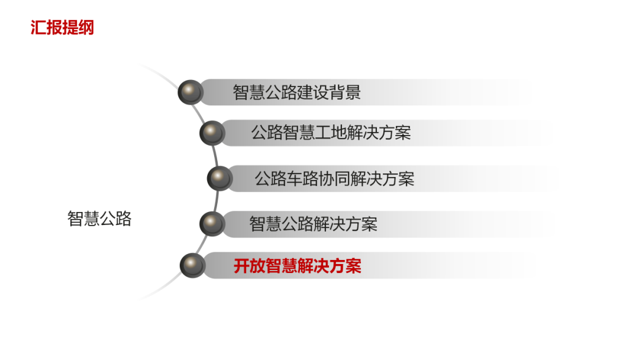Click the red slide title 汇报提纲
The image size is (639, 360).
tap(62, 27)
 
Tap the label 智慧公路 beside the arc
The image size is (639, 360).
tap(99, 219)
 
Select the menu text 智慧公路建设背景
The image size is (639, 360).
tap(296, 92)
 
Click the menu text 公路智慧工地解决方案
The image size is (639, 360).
tap(331, 133)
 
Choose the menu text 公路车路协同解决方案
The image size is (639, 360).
tap(334, 178)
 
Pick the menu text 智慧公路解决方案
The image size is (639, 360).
tap(313, 224)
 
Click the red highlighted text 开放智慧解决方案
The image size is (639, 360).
tap(297, 266)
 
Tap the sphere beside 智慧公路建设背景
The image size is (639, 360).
tap(191, 92)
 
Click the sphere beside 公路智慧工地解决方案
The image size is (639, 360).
tap(212, 133)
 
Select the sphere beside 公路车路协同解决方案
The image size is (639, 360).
tap(220, 178)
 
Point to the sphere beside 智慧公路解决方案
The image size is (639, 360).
tap(212, 224)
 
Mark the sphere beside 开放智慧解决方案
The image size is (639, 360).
tap(192, 265)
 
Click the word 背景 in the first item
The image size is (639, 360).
tap(344, 92)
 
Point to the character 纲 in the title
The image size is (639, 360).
tap(86, 27)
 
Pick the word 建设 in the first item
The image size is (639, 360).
tap(312, 92)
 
